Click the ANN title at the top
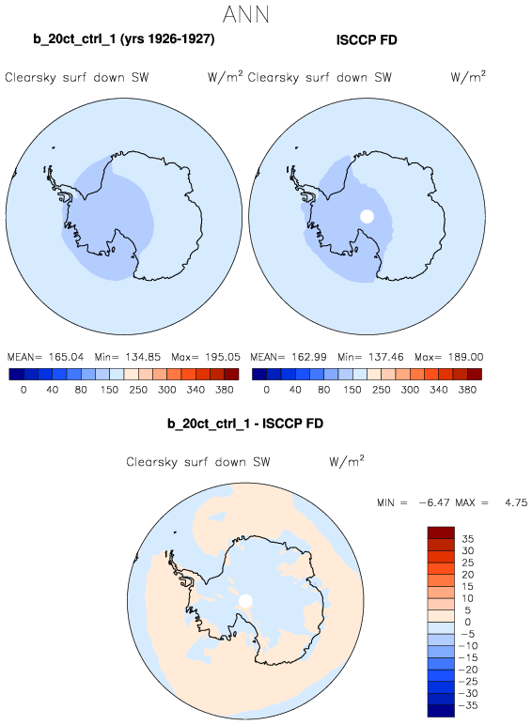pos(245,14)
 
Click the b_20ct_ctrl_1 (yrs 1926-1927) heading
pos(124,39)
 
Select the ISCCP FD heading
pos(367,40)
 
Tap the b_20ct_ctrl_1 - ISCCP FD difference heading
pos(245,424)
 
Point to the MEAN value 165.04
pos(66,357)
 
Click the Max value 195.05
pos(223,357)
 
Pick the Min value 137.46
pos(385,357)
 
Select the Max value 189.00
pos(465,357)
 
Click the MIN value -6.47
pos(434,502)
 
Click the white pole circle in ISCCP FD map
pos(367,216)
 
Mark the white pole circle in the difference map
pos(245,601)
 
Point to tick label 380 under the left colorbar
pos(225,390)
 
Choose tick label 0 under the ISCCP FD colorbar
pos(266,390)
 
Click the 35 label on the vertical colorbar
pos(468,539)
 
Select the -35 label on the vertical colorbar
pos(468,705)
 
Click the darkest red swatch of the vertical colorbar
pos(441,532)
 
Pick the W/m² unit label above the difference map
pos(347,461)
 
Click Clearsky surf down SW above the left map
pos(77,77)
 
